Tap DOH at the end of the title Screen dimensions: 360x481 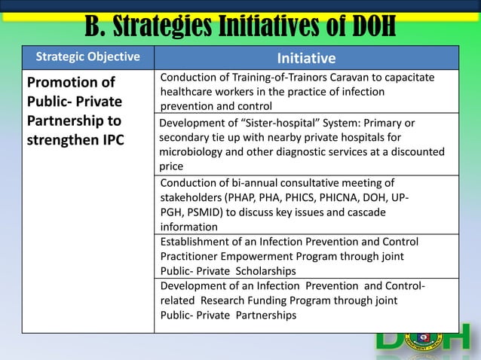tap(364, 26)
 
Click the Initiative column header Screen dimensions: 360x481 tap(306, 58)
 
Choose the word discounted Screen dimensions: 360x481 tap(414, 152)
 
